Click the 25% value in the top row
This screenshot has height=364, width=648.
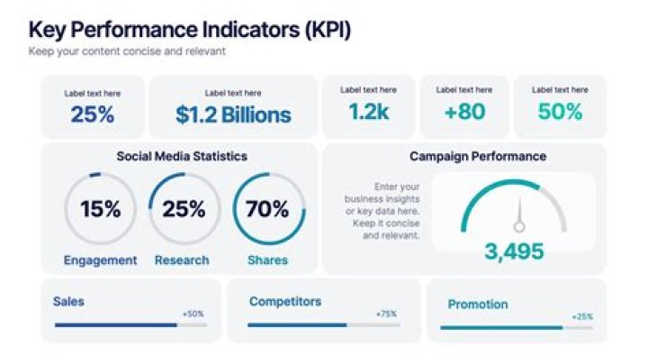(93, 114)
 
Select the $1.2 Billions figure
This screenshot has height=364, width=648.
(233, 114)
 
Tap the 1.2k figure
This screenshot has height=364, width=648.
(367, 112)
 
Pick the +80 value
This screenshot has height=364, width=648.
(464, 112)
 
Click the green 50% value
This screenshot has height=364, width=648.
(559, 112)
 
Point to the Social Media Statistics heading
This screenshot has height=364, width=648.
(181, 156)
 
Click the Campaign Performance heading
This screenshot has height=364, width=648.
(477, 156)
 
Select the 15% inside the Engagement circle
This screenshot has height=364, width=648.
(100, 209)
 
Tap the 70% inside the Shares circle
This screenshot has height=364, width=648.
(267, 209)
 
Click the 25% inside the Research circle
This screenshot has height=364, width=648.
(184, 209)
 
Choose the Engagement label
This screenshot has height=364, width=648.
(100, 260)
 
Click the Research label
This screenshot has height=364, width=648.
(181, 260)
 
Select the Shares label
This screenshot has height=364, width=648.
(267, 260)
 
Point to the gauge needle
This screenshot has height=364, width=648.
(518, 220)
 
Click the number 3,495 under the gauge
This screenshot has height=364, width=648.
(514, 251)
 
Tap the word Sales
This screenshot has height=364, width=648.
(68, 302)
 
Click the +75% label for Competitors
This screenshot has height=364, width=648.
(387, 314)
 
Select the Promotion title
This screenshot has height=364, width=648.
(478, 305)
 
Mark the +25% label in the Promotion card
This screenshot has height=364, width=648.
(582, 317)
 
